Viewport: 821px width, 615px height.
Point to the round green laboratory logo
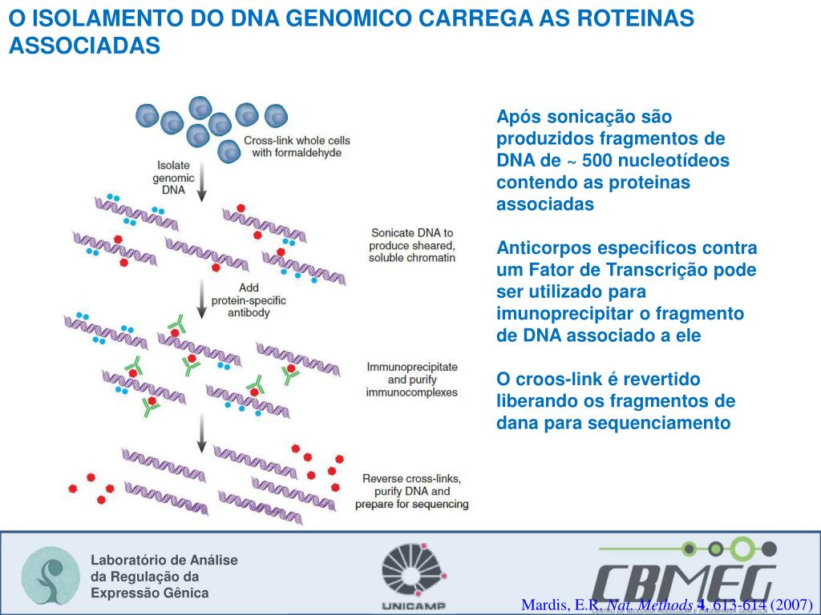[x=49, y=576]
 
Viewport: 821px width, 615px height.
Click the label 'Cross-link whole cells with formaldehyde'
[x=297, y=147]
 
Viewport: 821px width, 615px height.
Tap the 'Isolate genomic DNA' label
[x=172, y=178]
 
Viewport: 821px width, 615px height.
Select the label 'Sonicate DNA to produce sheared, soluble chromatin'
[x=412, y=245]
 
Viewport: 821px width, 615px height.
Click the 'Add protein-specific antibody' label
[x=249, y=299]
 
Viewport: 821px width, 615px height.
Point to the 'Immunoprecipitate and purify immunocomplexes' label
[x=411, y=380]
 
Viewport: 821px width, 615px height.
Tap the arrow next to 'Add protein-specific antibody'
[x=201, y=300]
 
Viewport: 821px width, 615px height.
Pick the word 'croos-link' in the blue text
[x=557, y=379]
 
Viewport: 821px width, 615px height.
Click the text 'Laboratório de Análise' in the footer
[x=164, y=561]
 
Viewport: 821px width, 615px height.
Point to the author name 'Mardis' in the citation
[x=544, y=605]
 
